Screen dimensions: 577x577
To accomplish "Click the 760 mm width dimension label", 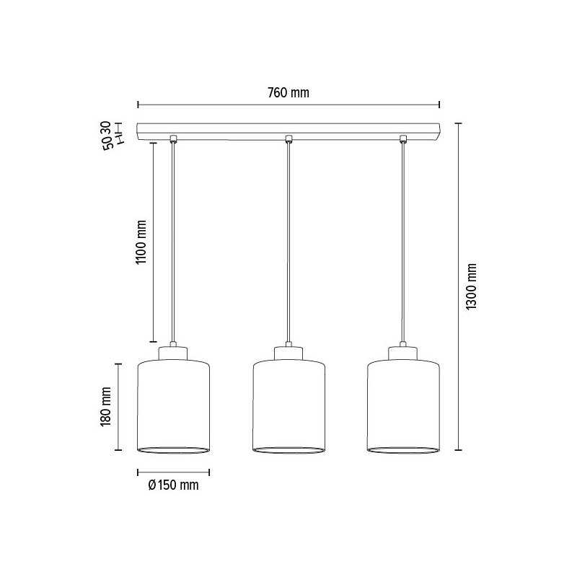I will (x=288, y=93).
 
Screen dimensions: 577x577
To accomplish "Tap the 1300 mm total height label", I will (x=472, y=286).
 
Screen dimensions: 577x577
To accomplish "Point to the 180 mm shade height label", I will (x=106, y=407).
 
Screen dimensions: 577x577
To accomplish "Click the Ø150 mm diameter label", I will (x=172, y=485).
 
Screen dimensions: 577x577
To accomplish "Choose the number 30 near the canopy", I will (x=106, y=128).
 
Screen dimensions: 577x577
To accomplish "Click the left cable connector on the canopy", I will (x=173, y=138).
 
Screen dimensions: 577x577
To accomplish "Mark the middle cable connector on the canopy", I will (x=288, y=138).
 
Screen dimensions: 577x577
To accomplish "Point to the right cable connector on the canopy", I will (x=403, y=138).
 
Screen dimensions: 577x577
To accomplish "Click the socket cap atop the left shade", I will (x=173, y=353).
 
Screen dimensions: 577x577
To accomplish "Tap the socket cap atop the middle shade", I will (x=288, y=353).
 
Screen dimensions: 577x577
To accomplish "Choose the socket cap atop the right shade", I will (x=403, y=353).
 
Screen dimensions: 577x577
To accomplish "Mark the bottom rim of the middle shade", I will (x=288, y=451).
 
